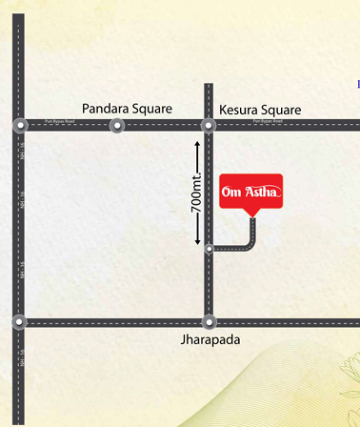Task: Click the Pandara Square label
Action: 127,109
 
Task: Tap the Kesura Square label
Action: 260,110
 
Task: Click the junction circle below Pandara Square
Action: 117,125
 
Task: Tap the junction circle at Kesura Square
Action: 208,125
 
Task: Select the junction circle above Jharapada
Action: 210,322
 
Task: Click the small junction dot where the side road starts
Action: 209,249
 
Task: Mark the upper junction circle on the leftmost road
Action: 19,125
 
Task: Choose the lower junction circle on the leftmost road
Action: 19,322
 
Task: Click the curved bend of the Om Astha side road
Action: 250,244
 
